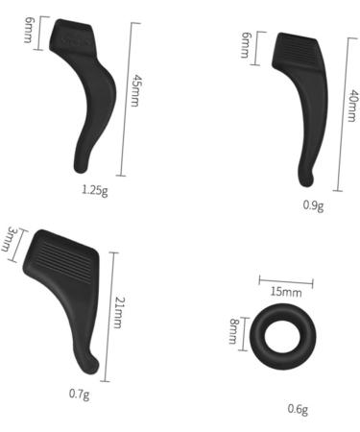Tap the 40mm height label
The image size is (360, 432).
tap(352, 99)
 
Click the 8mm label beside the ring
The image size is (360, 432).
tap(232, 333)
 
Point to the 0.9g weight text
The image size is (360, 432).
tap(312, 205)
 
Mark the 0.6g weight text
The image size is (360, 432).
tap(298, 409)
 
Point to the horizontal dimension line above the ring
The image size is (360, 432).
tap(286, 280)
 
